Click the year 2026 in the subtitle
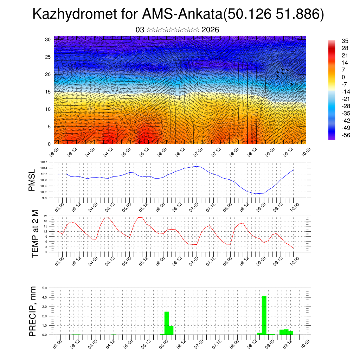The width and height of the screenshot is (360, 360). pos(210,30)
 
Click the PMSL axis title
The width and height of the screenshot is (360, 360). pos(32,180)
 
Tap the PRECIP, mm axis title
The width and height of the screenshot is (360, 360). pos(33,311)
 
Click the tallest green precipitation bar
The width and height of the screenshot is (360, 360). pos(264,315)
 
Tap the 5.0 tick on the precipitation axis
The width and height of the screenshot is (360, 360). pos(45,288)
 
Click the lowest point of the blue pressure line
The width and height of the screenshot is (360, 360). pos(257,194)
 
